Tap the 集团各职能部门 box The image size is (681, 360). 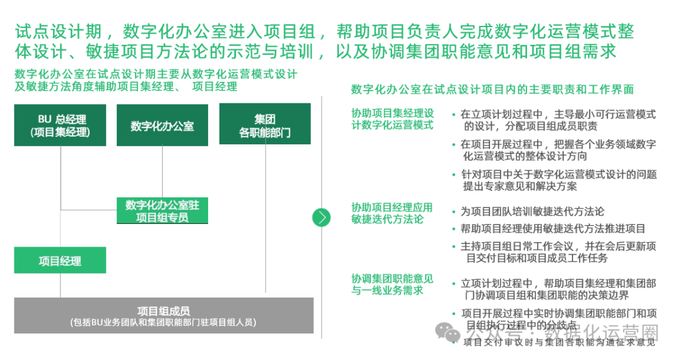[265, 125]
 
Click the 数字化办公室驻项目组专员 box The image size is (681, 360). [162, 211]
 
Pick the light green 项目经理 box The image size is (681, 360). [60, 260]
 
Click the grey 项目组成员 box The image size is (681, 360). [163, 316]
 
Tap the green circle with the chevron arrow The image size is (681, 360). [322, 217]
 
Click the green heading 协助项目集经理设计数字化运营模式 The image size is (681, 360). [392, 119]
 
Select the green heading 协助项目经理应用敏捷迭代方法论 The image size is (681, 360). [392, 212]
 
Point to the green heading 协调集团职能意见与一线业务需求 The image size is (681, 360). [392, 284]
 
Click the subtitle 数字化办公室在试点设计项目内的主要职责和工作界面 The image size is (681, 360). [492, 90]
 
